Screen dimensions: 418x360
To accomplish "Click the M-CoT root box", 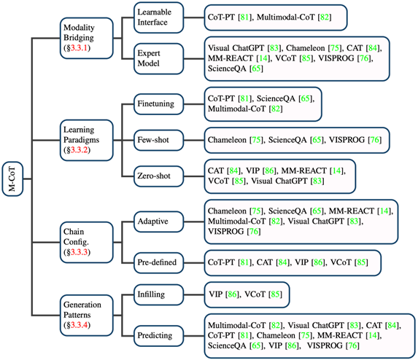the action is [x=12, y=179].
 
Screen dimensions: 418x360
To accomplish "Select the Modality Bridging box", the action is [x=87, y=38].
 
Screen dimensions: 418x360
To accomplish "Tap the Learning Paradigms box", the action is [x=87, y=140].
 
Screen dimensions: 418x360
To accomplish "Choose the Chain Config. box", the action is [x=87, y=242].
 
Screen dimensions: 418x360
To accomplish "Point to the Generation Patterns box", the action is [x=87, y=316].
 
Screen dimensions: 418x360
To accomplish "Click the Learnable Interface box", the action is [x=158, y=17].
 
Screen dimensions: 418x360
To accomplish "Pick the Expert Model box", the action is [x=158, y=58].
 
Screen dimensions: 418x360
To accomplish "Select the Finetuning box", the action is [x=158, y=103].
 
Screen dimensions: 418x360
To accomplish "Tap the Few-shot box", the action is [x=158, y=140].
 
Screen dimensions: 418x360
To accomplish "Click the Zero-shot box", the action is [x=158, y=176].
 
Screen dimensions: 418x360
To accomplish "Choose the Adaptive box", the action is [x=158, y=222].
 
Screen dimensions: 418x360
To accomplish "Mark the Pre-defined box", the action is [x=158, y=262].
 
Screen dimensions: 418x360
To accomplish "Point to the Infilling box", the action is [x=158, y=294].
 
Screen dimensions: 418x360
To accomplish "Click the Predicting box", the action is [x=158, y=335].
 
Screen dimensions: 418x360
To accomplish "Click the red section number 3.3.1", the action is [x=79, y=48].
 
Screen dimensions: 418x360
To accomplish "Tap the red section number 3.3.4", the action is [x=80, y=325].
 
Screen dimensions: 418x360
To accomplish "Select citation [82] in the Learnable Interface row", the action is [x=325, y=17].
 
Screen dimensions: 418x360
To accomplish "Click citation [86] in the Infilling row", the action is [x=232, y=294].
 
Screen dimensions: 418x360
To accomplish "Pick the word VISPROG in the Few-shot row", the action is [x=347, y=140].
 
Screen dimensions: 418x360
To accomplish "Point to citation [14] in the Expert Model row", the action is [x=263, y=58].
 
